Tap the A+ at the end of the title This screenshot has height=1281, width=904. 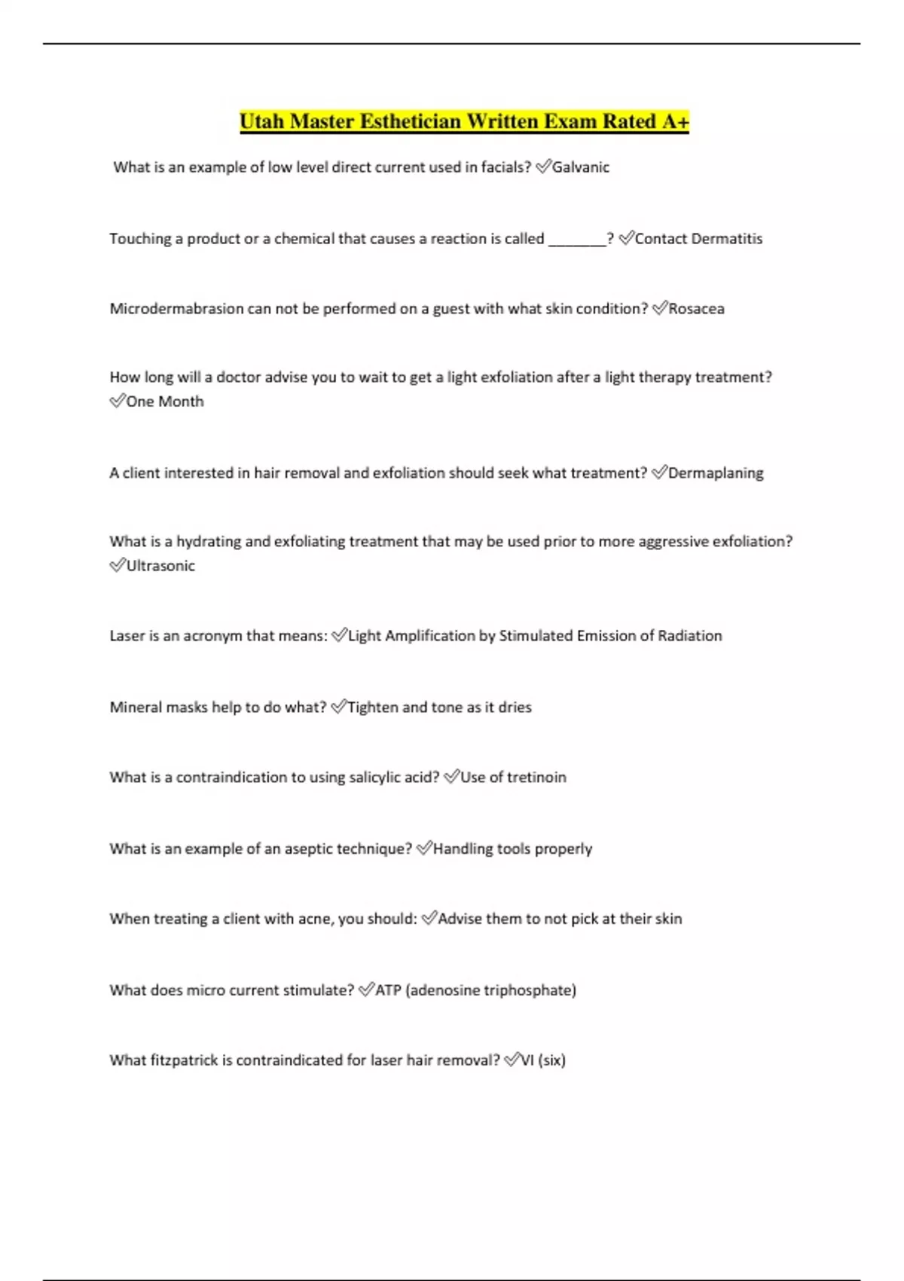click(675, 121)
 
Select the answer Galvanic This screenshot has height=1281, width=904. click(580, 167)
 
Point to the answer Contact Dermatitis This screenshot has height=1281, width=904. click(698, 239)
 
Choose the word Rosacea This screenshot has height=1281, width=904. click(696, 309)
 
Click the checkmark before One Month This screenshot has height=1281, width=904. click(117, 402)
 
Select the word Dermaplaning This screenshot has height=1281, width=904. click(716, 473)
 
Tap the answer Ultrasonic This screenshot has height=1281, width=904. click(160, 566)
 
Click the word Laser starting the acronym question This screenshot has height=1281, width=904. click(127, 636)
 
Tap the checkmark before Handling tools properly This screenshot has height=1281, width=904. click(423, 849)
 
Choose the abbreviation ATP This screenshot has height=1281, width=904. click(388, 990)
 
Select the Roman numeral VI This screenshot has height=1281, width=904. click(527, 1060)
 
